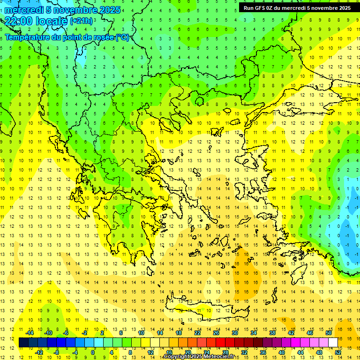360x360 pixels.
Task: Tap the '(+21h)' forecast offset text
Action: [81, 21]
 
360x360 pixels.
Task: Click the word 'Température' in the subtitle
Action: [28, 37]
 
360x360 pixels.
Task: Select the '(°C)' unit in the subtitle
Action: [122, 37]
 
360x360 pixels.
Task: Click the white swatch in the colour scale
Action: [333, 343]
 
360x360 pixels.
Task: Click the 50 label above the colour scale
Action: [329, 333]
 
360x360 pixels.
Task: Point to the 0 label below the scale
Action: [93, 352]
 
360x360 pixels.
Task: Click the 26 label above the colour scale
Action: [216, 333]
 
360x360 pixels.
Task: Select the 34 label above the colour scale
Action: [254, 333]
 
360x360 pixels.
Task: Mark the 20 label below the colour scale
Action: [188, 352]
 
